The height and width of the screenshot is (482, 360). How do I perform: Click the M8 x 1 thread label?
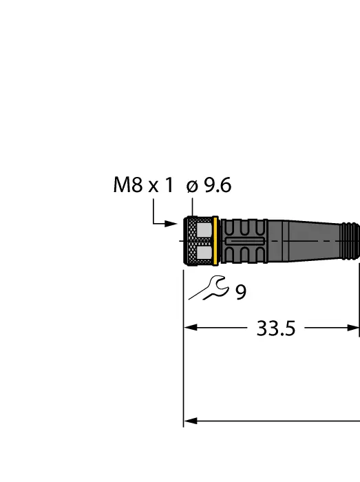142,186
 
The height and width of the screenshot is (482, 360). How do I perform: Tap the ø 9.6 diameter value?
209,186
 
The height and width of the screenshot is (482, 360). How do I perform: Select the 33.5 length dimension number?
275,328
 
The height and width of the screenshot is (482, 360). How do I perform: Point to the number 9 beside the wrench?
240,293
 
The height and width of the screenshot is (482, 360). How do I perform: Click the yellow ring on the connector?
216,241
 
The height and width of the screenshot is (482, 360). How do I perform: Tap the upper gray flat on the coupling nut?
204,229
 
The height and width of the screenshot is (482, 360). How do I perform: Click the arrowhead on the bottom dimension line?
191,421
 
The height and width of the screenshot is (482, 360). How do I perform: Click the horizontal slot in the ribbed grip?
244,242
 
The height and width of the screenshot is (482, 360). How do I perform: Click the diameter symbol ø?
192,187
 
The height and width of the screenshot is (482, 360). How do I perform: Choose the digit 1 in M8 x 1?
168,186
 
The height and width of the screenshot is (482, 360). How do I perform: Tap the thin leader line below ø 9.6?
193,207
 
